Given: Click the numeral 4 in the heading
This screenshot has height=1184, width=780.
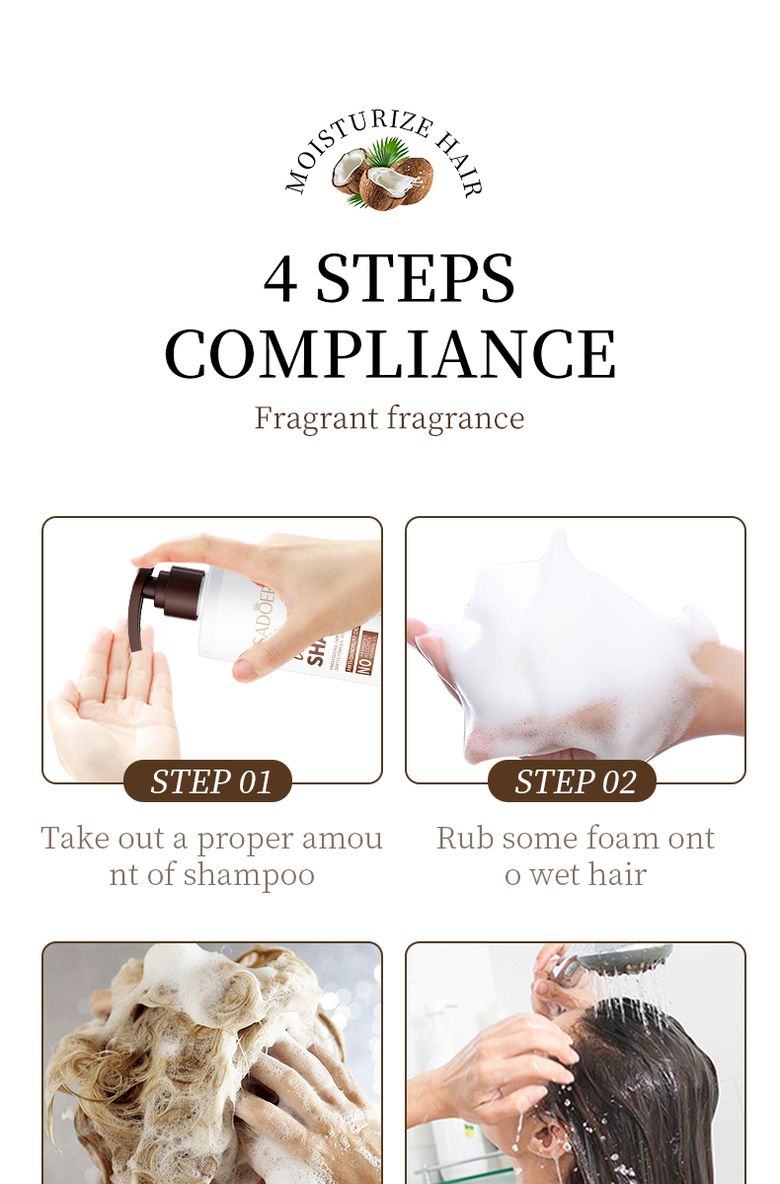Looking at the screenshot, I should pos(280,278).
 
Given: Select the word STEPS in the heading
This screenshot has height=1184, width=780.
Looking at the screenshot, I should pos(416,278).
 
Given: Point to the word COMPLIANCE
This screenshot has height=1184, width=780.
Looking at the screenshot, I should pos(390,353).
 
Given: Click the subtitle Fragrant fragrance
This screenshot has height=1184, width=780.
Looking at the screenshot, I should pos(390,417).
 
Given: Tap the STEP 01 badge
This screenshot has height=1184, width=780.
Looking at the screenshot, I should pos(208,781).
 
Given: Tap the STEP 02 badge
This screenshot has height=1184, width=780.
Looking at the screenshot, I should pos(573,781).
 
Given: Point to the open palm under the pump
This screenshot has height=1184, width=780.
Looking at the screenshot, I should pos(109,691).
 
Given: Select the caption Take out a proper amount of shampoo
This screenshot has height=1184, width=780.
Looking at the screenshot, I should pos(211,856).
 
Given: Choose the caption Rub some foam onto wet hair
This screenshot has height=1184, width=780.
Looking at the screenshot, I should pos(576,856).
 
